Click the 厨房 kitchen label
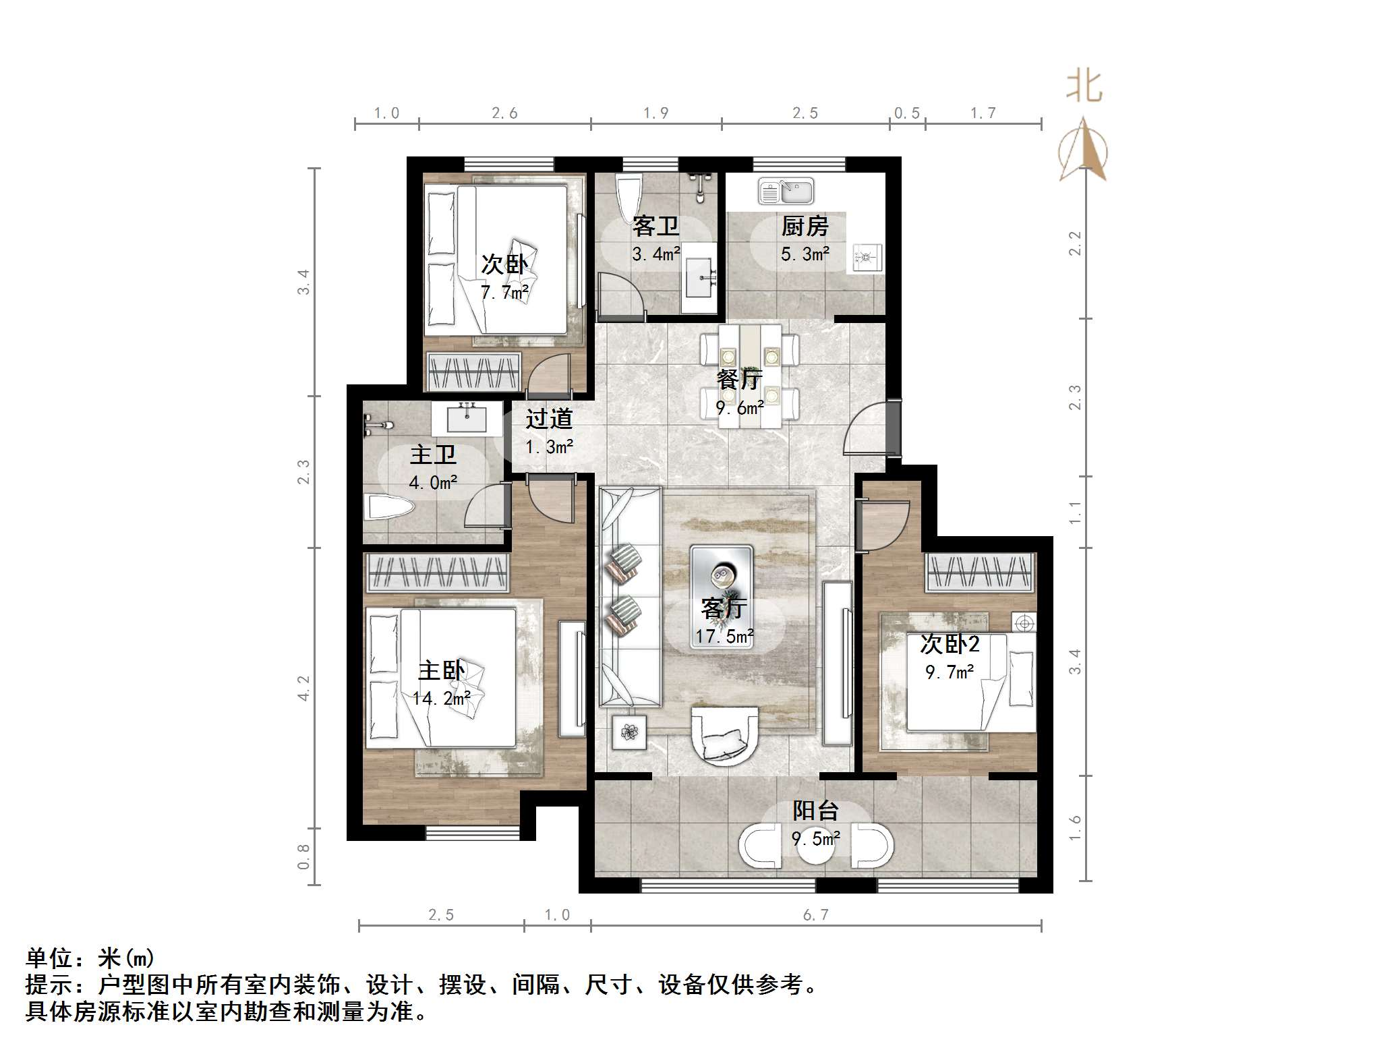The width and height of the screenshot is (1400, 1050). point(805,227)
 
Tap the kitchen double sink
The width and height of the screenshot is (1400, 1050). point(786,192)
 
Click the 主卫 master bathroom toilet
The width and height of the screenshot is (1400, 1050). point(388,507)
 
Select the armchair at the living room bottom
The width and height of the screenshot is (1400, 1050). point(725,736)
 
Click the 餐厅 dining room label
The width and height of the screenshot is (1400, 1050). point(739,380)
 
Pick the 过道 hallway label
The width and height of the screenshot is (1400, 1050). point(549,419)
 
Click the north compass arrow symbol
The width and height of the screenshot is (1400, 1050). point(1082,150)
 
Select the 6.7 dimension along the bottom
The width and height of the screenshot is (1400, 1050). point(815,914)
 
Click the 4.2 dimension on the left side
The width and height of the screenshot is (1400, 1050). point(303,688)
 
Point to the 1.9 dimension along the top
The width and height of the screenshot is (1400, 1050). point(655,113)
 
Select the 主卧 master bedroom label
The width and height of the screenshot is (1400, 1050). point(441,670)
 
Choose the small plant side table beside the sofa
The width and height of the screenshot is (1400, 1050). point(629,732)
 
